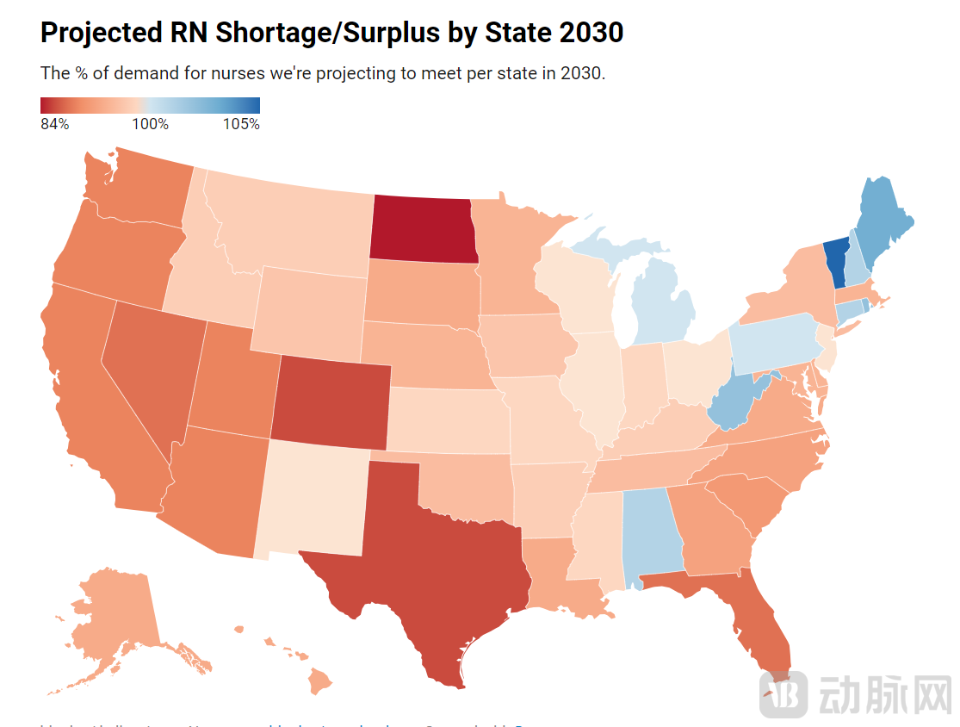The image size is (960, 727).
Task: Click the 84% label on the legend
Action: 54,124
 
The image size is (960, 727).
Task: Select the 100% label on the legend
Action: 150,124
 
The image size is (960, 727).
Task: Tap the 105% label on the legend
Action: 241,124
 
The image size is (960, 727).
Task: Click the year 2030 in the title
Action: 590,33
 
